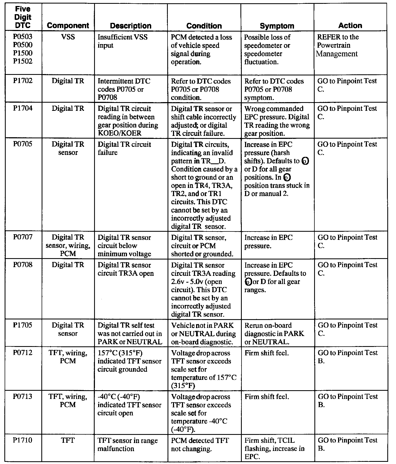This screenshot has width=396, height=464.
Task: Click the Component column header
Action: click(x=68, y=26)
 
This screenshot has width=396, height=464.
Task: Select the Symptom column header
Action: click(x=277, y=26)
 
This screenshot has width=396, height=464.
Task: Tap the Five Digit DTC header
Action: click(x=23, y=17)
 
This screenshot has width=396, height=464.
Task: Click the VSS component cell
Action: click(x=68, y=37)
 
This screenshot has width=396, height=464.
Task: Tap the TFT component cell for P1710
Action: click(x=68, y=440)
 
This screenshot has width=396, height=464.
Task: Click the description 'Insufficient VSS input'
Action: click(x=122, y=41)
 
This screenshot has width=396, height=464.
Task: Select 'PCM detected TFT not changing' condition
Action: click(x=200, y=444)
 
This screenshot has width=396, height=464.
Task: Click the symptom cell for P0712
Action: click(x=267, y=353)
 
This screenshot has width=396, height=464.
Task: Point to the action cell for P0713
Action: click(x=347, y=401)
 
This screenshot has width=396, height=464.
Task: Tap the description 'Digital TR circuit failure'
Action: click(x=124, y=148)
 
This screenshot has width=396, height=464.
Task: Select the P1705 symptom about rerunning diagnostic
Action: click(x=274, y=334)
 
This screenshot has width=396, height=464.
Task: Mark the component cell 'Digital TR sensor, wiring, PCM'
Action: click(x=68, y=245)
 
